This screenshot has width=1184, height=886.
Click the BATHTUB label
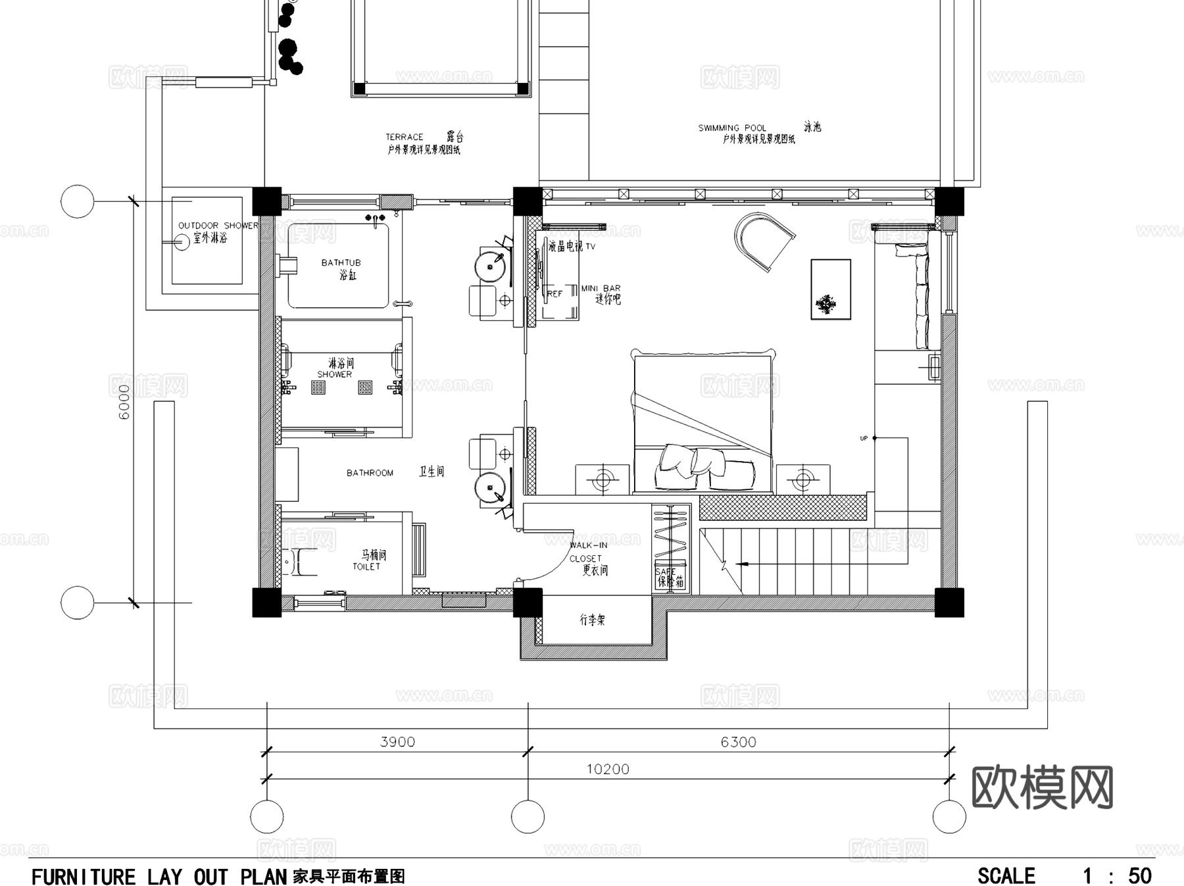point(341,262)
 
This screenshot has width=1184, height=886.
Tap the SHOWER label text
point(335,374)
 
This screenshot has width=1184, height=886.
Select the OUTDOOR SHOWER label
point(218,226)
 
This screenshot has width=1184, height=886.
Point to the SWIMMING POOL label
point(732,128)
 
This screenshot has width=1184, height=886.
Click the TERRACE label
point(404,137)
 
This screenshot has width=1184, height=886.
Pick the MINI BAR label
point(601,289)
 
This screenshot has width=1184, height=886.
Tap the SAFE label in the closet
point(665,572)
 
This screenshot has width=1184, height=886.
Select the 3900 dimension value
point(397,742)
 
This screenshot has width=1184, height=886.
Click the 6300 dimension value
point(738,742)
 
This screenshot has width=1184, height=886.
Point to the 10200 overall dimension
point(608,769)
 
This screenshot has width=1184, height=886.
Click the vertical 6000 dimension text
point(124,401)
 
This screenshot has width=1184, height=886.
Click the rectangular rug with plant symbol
point(831,289)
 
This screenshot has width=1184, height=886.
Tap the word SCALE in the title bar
point(1006,876)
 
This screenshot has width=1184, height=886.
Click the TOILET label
point(366,566)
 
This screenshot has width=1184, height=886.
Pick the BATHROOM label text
point(370,473)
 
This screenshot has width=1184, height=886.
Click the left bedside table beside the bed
point(603,480)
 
